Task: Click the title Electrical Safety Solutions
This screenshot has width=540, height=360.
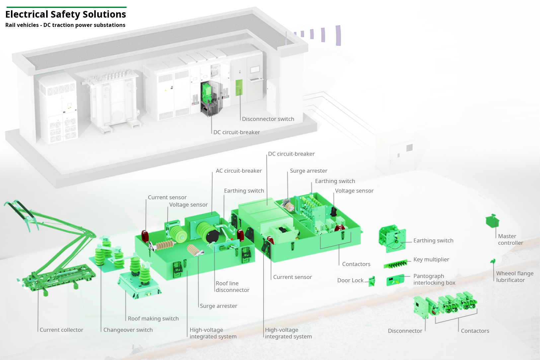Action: pos(66,14)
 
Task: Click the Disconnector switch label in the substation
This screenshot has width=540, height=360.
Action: pos(268,119)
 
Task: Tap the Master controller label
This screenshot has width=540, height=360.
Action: pos(510,239)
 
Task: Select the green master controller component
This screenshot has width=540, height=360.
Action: pos(492,221)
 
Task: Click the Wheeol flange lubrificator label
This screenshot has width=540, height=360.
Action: pos(514,277)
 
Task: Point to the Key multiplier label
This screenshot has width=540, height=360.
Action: pos(431,259)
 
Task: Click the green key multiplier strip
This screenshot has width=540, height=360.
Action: pos(395,264)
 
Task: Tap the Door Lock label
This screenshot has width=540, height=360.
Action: pos(350,280)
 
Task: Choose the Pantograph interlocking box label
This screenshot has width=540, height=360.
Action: pos(434,279)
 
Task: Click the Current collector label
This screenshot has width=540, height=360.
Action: pos(61,330)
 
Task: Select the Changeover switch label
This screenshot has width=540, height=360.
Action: pos(128,330)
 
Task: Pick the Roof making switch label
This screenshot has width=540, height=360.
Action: pos(153,318)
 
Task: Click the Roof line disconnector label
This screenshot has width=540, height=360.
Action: pos(232,287)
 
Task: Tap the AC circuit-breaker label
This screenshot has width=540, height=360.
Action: pos(239,171)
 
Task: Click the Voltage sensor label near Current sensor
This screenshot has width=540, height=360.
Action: pos(188,205)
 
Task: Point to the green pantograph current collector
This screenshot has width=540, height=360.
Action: pos(50,252)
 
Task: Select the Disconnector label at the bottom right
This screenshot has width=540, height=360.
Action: pos(405,331)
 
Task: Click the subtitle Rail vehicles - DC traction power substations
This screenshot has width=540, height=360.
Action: pos(65,25)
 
